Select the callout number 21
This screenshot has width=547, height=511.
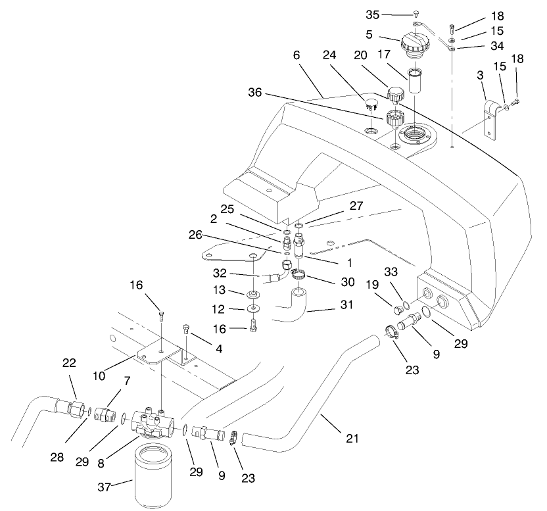click(x=352, y=438)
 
